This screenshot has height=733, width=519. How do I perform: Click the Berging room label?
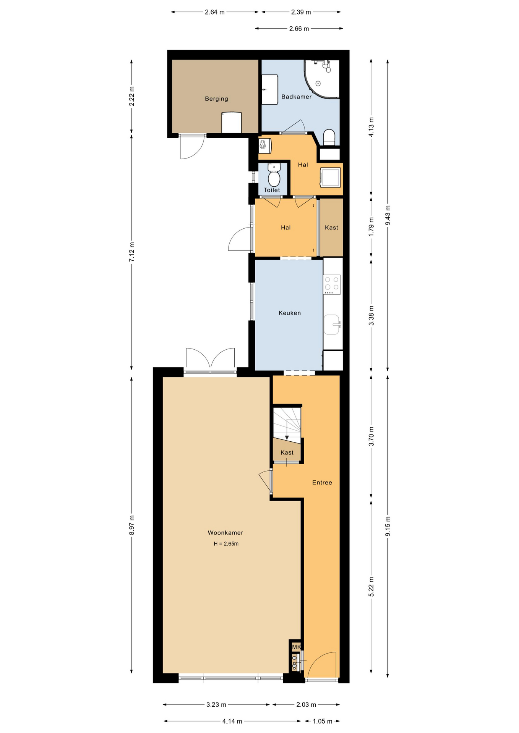pyautogui.click(x=216, y=99)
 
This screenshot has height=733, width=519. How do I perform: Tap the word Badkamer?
pyautogui.click(x=297, y=97)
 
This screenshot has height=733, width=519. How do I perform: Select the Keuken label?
pyautogui.click(x=290, y=313)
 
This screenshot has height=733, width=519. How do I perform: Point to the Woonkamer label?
pyautogui.click(x=225, y=533)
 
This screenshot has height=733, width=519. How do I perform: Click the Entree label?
pyautogui.click(x=322, y=483)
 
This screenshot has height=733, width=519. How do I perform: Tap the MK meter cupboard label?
pyautogui.click(x=296, y=647)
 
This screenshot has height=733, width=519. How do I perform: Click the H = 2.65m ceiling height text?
pyautogui.click(x=226, y=544)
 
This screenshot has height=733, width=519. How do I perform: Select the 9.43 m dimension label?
pyautogui.click(x=388, y=216)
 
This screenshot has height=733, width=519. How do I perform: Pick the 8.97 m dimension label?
pyautogui.click(x=132, y=525)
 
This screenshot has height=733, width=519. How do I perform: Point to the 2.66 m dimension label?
pyautogui.click(x=299, y=29)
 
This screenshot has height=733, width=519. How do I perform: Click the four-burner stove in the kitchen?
pyautogui.click(x=332, y=284)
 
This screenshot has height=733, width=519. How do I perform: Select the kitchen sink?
pyautogui.click(x=332, y=325)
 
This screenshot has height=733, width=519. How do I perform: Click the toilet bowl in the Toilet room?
pyautogui.click(x=274, y=176)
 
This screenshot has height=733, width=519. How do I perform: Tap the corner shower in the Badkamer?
pyautogui.click(x=321, y=79)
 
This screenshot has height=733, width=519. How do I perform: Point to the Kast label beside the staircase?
pyautogui.click(x=287, y=452)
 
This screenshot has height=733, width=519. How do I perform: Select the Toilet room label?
pyautogui.click(x=272, y=190)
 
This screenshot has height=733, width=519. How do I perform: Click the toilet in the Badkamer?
pyautogui.click(x=329, y=137)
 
